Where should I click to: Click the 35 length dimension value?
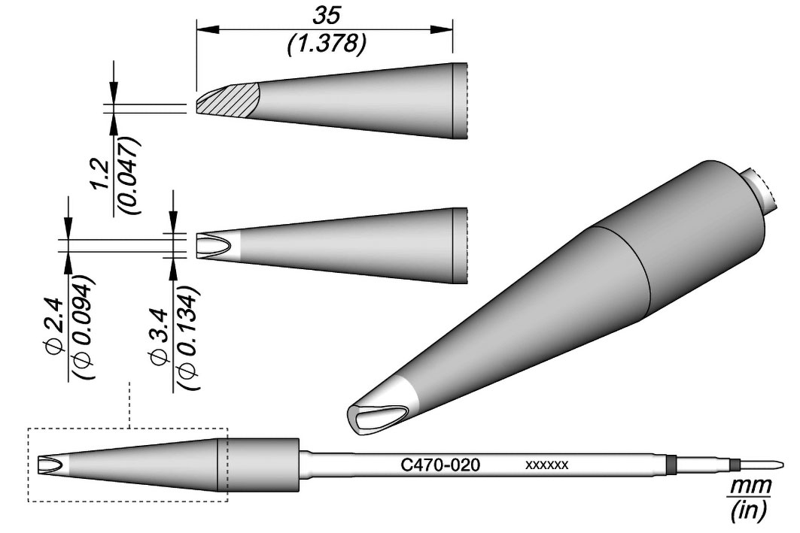click(x=326, y=17)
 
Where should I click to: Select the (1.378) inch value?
click(x=326, y=45)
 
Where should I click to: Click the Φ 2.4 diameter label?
click(x=56, y=326)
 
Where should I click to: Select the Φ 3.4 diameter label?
click(x=161, y=336)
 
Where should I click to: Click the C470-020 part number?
click(x=440, y=465)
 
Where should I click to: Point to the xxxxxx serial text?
click(x=547, y=465)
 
